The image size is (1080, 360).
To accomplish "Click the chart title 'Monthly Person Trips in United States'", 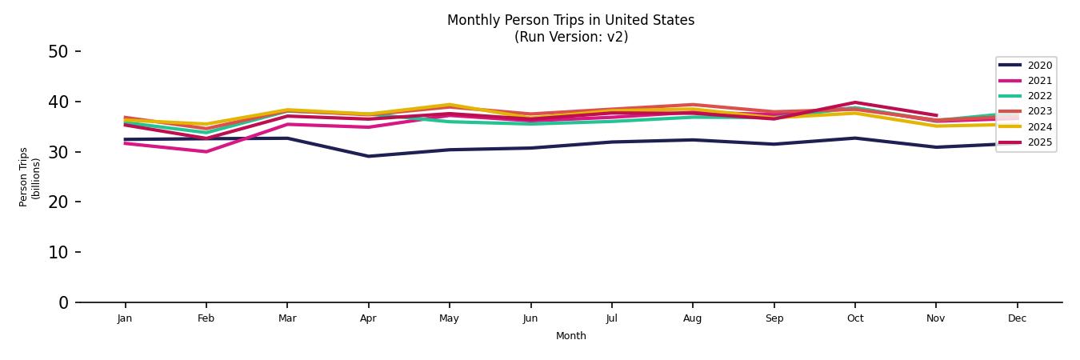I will click(x=570, y=20).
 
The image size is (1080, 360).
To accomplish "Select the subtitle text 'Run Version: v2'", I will click(x=570, y=37).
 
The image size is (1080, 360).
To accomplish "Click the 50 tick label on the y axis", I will click(x=58, y=52).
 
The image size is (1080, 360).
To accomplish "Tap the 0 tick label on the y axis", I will click(x=64, y=302).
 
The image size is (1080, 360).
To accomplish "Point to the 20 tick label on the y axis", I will click(x=58, y=202).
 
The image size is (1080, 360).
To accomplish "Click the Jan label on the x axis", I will click(x=124, y=318).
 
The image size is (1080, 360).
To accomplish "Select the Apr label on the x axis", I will click(x=368, y=318).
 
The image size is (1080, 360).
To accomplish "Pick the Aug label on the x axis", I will click(x=692, y=318).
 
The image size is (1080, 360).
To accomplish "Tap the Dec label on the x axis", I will click(x=1017, y=318).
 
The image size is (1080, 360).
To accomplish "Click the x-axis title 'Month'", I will click(x=571, y=336).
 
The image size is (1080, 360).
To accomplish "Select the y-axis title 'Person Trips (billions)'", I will click(x=30, y=177).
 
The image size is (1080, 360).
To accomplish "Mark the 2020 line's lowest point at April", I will click(x=368, y=156).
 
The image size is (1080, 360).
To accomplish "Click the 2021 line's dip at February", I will click(x=206, y=151).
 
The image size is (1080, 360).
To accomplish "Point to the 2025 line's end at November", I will click(x=936, y=115).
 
